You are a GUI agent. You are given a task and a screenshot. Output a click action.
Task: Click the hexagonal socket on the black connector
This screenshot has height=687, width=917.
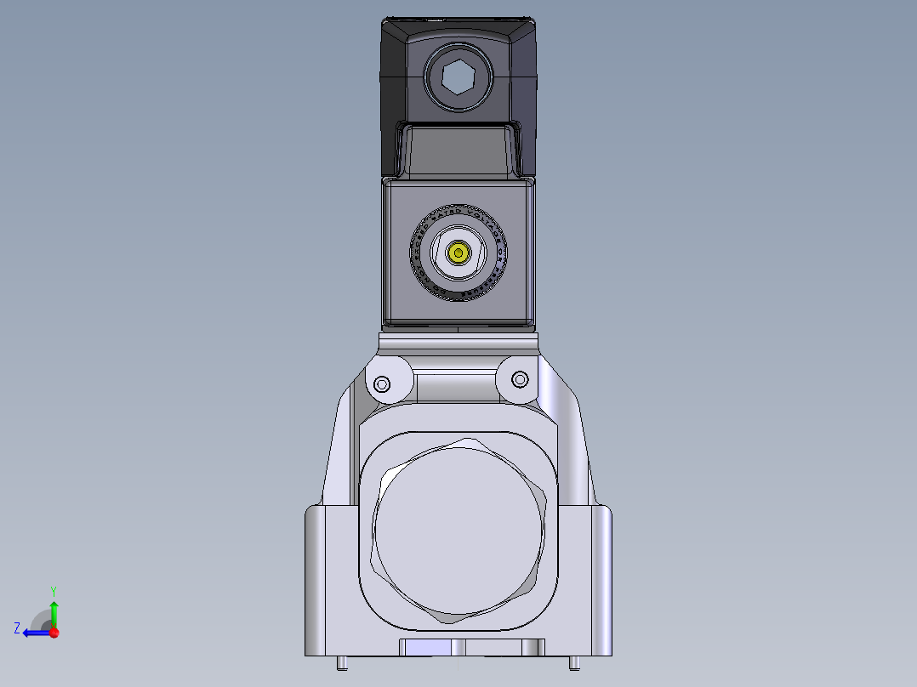[x=458, y=79]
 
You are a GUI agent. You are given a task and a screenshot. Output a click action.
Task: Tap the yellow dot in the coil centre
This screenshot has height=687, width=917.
[x=459, y=253]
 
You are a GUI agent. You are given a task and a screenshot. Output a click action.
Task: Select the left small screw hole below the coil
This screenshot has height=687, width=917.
[x=382, y=384]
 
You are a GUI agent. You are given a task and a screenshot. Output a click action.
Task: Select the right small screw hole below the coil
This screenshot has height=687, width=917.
[x=521, y=379]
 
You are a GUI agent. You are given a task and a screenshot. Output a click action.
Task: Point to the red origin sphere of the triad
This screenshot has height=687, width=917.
[x=54, y=633]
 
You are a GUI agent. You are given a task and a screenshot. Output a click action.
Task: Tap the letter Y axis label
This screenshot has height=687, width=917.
[x=54, y=590]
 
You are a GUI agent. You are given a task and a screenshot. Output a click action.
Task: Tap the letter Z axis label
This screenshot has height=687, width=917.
[x=17, y=628]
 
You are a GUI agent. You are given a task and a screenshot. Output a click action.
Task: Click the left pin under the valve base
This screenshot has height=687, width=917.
[x=341, y=661]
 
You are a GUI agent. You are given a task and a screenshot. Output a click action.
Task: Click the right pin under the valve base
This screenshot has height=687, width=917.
[x=574, y=661]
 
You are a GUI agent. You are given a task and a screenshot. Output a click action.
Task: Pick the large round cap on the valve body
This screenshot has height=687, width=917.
[x=458, y=531]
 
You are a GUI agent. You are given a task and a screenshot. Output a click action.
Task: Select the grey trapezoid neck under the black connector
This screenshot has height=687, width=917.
[x=458, y=151]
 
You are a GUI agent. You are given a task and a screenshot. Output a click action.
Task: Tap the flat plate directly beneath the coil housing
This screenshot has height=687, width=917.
[x=458, y=342]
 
